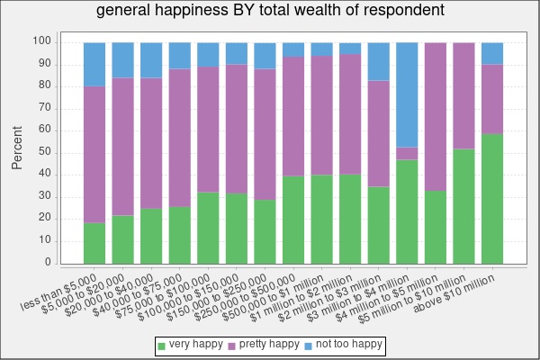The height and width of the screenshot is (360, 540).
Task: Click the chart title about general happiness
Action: (270, 12)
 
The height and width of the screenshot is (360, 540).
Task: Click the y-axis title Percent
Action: (17, 148)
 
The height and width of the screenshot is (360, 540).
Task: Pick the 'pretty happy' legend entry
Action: (263, 345)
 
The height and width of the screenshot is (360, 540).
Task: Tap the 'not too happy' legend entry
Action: (344, 345)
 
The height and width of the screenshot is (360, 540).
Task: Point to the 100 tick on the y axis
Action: (43, 41)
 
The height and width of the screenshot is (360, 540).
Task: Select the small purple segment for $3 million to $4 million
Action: (407, 153)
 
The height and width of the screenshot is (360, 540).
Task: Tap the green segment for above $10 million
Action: (492, 198)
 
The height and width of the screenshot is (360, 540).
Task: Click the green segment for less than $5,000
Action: (94, 243)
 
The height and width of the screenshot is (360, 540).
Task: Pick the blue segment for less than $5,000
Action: (94, 64)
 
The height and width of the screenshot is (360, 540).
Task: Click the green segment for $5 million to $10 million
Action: (463, 206)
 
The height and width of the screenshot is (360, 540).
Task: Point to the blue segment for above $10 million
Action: (492, 53)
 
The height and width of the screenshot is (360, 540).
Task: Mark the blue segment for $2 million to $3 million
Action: (379, 61)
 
